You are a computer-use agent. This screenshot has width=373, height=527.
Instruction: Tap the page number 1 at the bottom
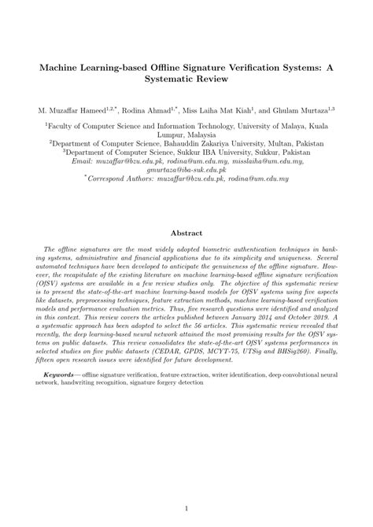[186, 509]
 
